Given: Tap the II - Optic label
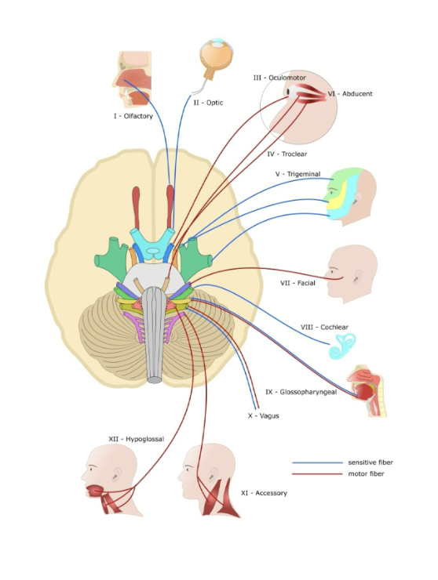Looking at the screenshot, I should tap(208, 102).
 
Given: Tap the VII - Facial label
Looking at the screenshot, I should tap(297, 283).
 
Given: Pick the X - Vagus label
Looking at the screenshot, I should tap(263, 415).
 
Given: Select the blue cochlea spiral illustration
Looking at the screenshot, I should tap(344, 345).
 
